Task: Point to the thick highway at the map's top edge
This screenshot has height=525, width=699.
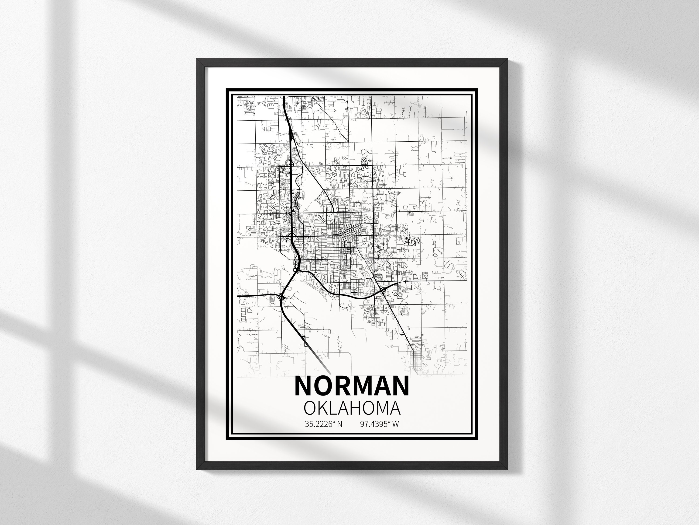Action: tap(284, 97)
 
